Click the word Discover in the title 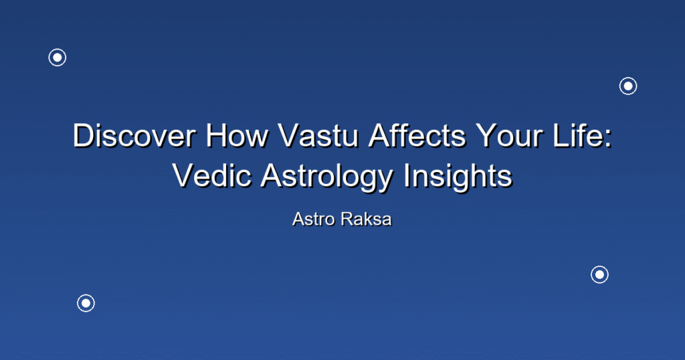click(134, 135)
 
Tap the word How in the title click(237, 135)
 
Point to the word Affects click(417, 135)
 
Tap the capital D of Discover click(84, 135)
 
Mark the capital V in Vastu click(290, 135)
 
